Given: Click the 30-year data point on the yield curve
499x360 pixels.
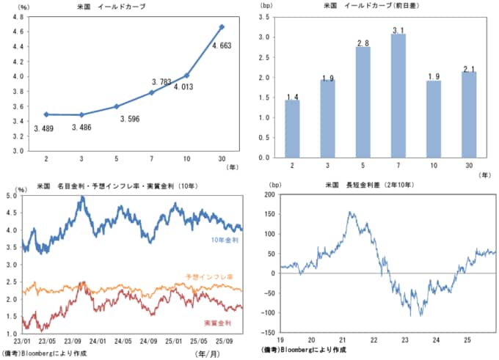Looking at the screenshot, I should [x=222, y=27].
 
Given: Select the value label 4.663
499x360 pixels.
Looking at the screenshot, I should [x=223, y=46].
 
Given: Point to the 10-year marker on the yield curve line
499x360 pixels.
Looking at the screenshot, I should [x=186, y=76].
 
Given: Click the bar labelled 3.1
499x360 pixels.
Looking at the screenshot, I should [x=398, y=95].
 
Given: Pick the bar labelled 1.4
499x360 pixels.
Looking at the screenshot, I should [x=292, y=129].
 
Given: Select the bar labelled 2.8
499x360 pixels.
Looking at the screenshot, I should [x=363, y=102].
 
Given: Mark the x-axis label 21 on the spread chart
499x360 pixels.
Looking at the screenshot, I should [x=343, y=340].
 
